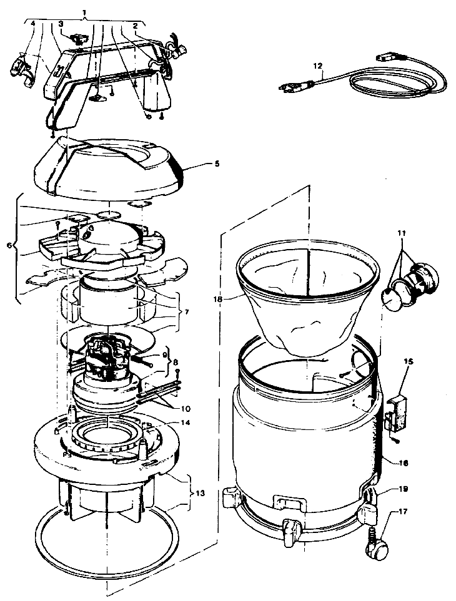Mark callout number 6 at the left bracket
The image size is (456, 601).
pos(9,245)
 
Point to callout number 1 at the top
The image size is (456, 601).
pos(85,12)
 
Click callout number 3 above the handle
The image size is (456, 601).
pos(61,24)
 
